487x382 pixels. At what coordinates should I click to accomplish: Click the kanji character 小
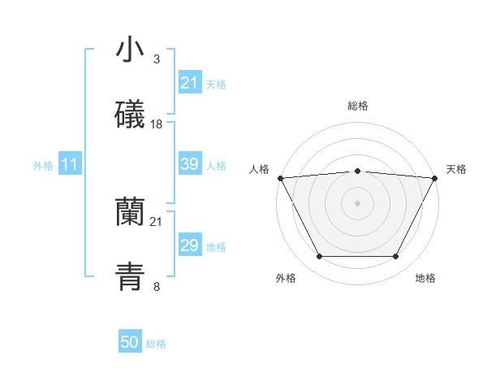130,50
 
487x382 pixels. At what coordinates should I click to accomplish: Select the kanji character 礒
130,115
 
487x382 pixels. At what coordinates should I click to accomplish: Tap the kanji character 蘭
130,212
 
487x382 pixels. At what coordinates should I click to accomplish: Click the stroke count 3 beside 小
156,59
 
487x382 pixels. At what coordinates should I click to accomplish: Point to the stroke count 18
157,124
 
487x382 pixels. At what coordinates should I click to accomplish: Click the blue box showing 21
189,83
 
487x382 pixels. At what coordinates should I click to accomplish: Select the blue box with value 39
189,164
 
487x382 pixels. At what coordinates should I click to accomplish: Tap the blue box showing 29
189,245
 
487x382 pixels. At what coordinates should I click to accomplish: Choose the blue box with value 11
70,165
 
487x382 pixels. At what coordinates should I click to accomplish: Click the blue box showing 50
130,343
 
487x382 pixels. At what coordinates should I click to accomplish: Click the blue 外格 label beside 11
43,166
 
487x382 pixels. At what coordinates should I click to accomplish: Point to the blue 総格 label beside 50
156,344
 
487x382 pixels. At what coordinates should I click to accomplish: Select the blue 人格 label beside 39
216,165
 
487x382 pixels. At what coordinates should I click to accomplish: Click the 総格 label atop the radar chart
358,106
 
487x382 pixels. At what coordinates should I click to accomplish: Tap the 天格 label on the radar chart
457,169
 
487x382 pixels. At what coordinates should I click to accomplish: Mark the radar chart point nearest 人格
280,177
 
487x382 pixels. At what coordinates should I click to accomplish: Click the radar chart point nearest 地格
396,257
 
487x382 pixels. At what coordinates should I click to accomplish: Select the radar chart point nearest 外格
319,257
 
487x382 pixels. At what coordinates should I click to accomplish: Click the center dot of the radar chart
357,202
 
